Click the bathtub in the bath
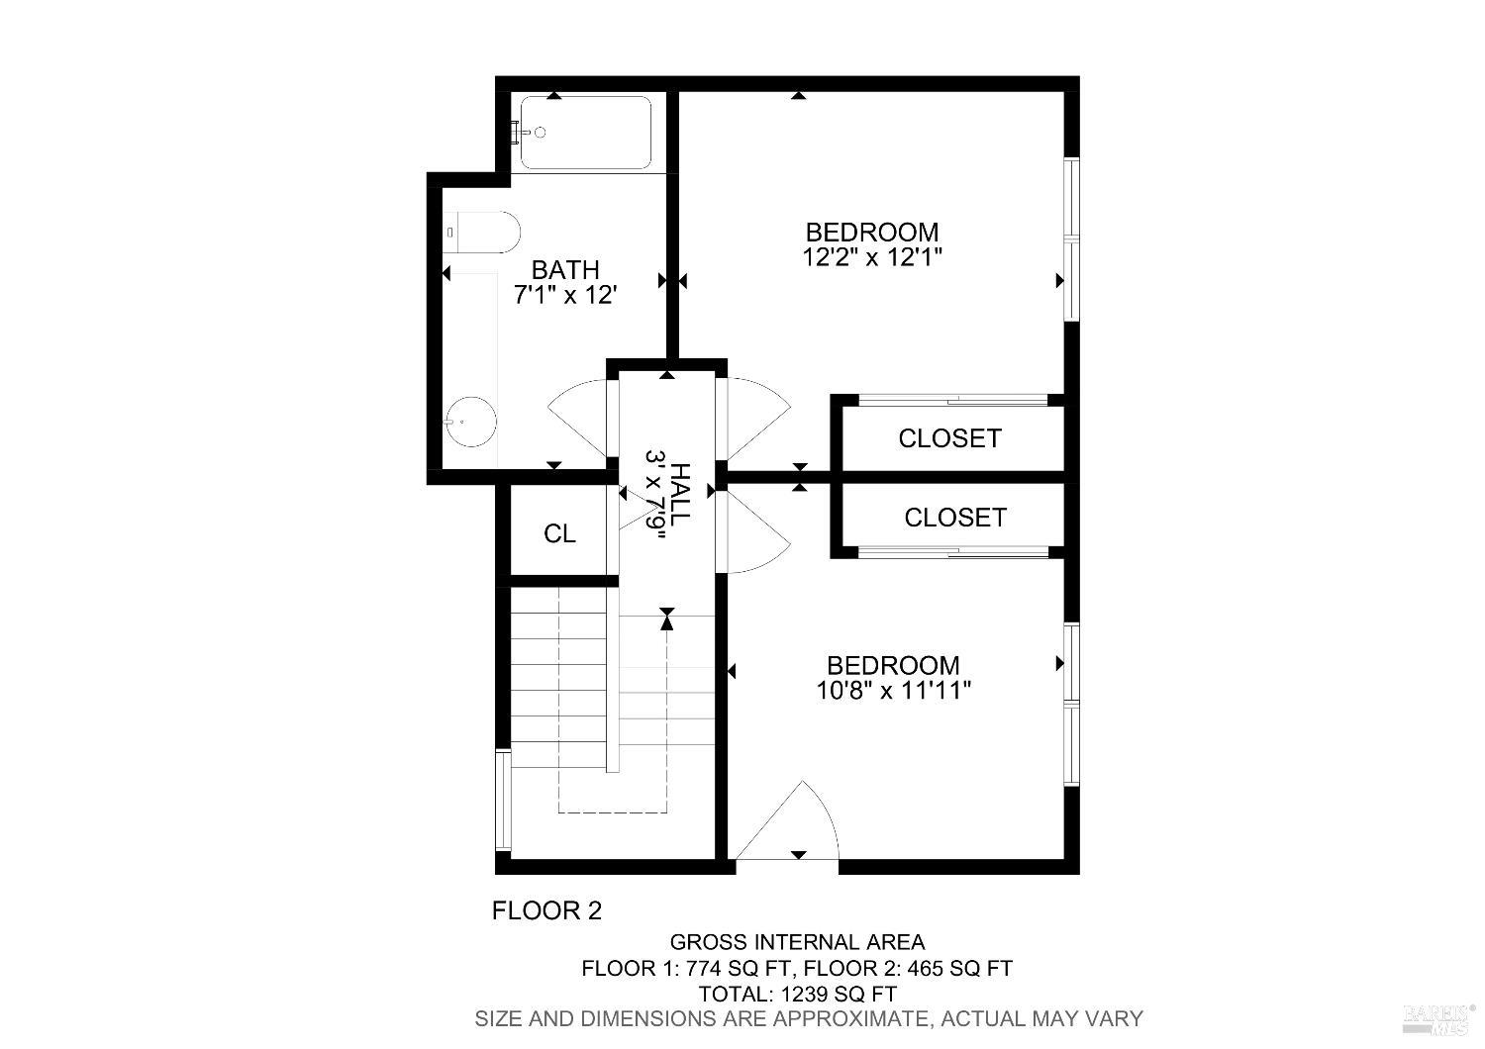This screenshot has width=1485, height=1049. click(586, 133)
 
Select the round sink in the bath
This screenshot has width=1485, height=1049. click(469, 422)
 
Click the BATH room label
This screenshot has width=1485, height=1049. click(565, 269)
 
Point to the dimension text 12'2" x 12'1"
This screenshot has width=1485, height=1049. click(871, 257)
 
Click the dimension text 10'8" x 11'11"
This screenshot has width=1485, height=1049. click(893, 690)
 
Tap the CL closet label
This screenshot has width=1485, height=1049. click(559, 534)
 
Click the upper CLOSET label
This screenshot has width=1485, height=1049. click(949, 438)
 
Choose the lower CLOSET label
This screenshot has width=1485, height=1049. click(954, 518)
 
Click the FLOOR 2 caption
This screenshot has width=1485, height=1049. click(546, 910)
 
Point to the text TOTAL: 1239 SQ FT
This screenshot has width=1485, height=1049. click(797, 994)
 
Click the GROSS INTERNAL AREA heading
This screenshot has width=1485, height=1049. click(797, 942)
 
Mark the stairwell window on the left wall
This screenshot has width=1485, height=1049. click(503, 802)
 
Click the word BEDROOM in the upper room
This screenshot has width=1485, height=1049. click(871, 233)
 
